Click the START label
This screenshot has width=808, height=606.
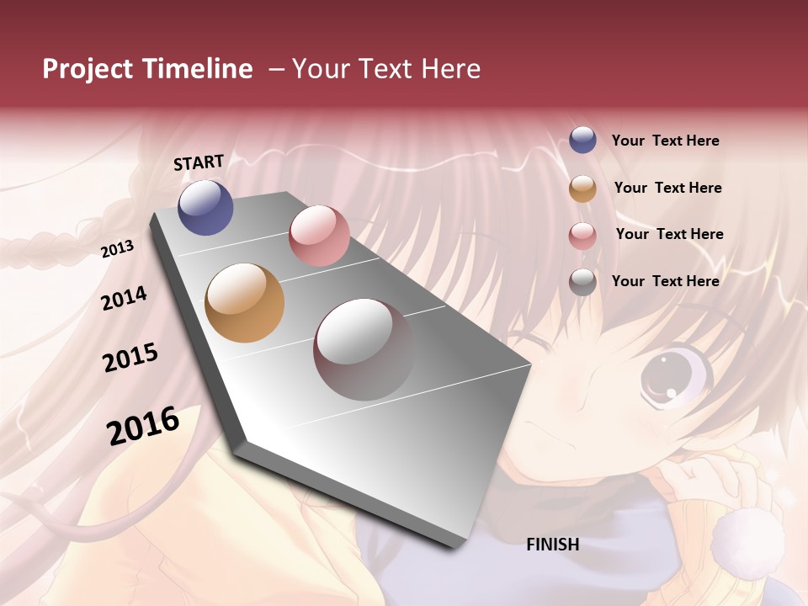point(199,162)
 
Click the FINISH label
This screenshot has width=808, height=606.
point(552,545)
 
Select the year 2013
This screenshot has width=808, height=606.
point(117,249)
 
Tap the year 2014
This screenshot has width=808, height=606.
point(124,298)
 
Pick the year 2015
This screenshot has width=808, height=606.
point(130,358)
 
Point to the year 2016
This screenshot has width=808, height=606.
point(143,425)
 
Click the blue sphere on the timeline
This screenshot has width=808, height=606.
point(205,207)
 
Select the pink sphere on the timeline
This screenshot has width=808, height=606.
point(319,236)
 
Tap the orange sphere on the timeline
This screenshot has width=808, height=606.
point(245,303)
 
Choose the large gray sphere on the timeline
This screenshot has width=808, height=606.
point(364,349)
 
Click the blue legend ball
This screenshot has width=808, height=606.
point(582,140)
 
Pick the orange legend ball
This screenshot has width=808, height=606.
point(582,189)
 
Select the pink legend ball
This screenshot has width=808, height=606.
point(582,236)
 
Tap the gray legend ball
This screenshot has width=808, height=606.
point(582,282)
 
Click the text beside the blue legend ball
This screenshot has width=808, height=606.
point(665,141)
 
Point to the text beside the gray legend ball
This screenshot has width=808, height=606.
point(665,281)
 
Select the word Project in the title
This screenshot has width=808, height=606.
point(88,69)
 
